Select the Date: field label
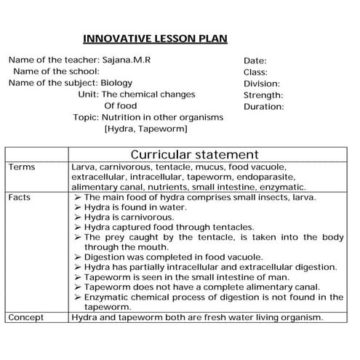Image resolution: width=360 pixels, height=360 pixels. (x=255, y=61)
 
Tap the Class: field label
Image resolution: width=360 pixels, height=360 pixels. (x=255, y=72)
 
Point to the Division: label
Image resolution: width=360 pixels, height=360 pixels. (x=262, y=84)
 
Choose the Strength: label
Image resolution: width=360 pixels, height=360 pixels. (x=263, y=95)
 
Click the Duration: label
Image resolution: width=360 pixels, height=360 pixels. (x=263, y=107)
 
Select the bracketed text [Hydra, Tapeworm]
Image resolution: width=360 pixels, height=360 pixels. (x=146, y=129)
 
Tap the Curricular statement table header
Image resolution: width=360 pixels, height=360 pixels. (x=193, y=154)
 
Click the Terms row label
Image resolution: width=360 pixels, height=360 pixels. (x=21, y=167)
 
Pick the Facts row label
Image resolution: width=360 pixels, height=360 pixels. (x=20, y=197)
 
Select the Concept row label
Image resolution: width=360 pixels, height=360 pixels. (x=26, y=318)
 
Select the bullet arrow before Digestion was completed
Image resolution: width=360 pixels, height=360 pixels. (x=78, y=257)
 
